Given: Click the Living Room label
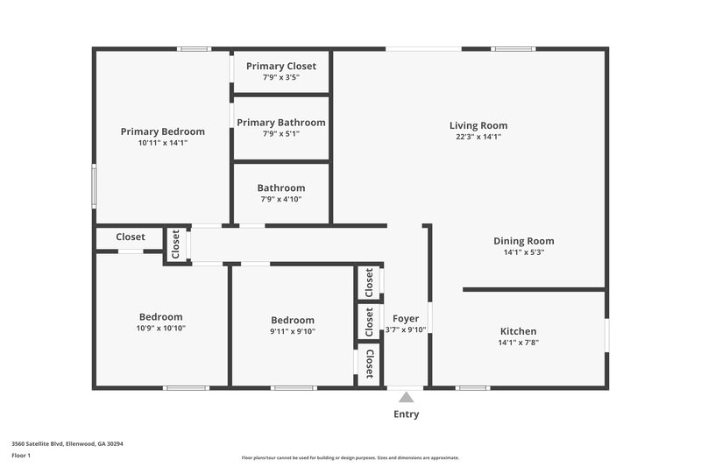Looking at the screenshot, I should pos(478,125).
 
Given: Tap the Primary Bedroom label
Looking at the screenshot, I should pos(162,131).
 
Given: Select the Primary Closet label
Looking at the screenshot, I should pos(280,66).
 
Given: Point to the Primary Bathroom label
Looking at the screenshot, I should pos(280,123).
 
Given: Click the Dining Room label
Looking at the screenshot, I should pos(524,241).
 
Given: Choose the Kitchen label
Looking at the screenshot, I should pos(518,331).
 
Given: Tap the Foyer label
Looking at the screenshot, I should pos(406,318).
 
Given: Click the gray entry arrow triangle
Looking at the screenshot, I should pos(406,398).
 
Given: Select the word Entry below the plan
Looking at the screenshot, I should pos(406,414).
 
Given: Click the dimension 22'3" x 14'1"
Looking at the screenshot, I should pos(478,137).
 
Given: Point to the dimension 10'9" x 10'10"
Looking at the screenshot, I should pos(161,329).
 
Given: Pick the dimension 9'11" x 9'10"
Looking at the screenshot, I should pos(292,331).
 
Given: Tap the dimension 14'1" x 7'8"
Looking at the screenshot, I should pos(518,343).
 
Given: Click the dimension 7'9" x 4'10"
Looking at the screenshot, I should pos(280,199).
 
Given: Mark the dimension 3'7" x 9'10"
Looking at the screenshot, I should pos(406,329).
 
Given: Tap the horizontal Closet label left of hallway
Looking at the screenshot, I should pos(131,237).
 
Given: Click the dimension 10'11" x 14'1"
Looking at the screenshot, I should pos(162,143).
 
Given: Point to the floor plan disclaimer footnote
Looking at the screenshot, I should pos(350,457).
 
